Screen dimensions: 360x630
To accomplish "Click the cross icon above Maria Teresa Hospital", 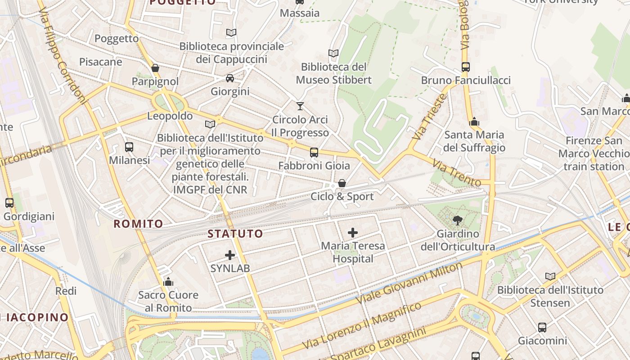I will click(x=353, y=233).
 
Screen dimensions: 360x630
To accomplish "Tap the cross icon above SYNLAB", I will click(x=230, y=255).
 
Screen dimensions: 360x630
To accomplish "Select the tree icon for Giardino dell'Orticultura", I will click(x=458, y=220).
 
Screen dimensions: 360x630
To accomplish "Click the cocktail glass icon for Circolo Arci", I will click(x=300, y=106).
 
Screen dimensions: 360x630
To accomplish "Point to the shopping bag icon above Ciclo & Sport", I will click(x=342, y=183).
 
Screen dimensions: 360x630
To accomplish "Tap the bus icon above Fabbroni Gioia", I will click(x=314, y=153).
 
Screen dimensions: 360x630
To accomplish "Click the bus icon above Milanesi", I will click(x=129, y=147).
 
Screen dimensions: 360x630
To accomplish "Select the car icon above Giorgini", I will click(x=230, y=78).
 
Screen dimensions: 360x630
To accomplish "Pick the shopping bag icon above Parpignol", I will click(x=155, y=68).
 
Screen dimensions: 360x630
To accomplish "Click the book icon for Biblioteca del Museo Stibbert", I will click(x=333, y=54).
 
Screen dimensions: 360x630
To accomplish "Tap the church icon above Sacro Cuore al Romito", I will click(x=168, y=282).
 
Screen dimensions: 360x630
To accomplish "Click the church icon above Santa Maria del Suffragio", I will click(x=474, y=121).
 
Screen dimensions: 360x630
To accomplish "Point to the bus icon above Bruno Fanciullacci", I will click(x=466, y=67).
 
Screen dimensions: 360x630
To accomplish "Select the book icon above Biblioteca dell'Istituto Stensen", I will click(x=550, y=276).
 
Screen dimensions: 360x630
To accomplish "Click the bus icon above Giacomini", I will click(x=542, y=327).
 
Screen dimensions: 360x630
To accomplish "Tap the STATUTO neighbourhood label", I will click(x=235, y=234).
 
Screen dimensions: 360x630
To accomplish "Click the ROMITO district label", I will click(x=138, y=224).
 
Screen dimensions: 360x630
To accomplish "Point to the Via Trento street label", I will click(x=457, y=173).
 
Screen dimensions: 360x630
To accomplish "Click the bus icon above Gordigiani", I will click(x=9, y=203).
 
